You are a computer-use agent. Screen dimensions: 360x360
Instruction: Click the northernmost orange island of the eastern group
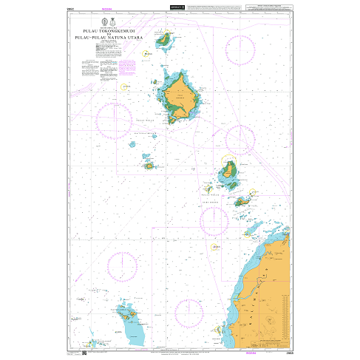230,171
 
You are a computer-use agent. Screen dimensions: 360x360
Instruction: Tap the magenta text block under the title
126,66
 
